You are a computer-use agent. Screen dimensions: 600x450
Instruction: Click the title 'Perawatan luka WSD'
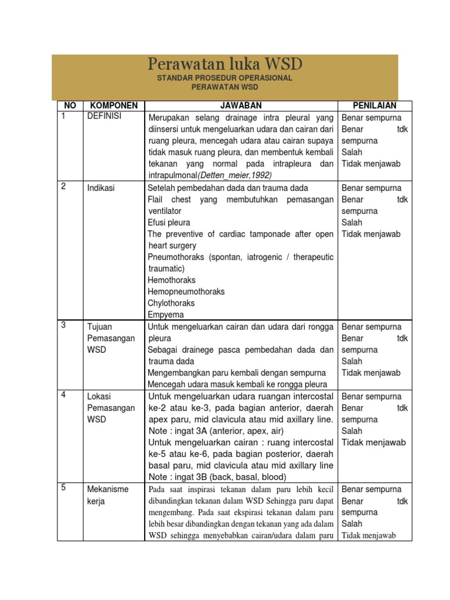225,64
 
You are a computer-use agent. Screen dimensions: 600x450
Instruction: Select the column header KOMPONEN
114,105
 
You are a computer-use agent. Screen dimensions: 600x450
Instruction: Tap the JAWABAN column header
241,105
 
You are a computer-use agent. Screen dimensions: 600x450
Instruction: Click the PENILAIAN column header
374,105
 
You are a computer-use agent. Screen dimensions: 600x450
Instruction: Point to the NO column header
70,105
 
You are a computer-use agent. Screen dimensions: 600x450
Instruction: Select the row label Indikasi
101,188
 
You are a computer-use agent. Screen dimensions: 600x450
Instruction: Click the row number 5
63,487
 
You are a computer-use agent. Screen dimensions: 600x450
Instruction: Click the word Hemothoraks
172,280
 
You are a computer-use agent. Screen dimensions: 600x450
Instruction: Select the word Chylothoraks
171,304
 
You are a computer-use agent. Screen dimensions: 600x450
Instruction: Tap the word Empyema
166,315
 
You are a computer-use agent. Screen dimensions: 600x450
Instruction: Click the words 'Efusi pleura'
169,223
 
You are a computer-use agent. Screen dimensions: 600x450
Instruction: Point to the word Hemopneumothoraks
186,292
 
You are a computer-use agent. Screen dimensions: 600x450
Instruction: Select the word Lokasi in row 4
100,396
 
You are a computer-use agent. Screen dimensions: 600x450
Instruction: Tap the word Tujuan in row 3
100,327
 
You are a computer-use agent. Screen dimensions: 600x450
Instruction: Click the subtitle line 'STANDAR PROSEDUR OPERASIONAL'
225,78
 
